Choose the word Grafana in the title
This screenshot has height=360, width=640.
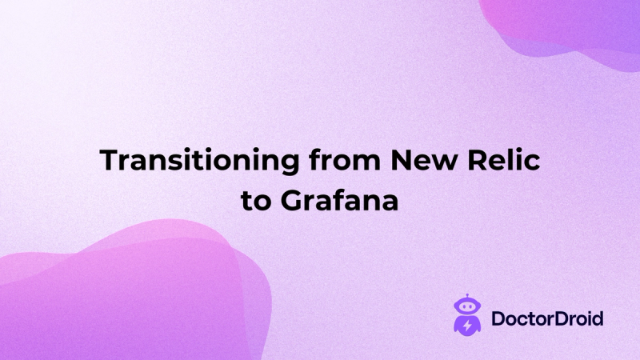(x=339, y=199)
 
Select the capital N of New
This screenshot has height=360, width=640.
(x=399, y=159)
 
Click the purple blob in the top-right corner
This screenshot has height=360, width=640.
(x=572, y=28)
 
